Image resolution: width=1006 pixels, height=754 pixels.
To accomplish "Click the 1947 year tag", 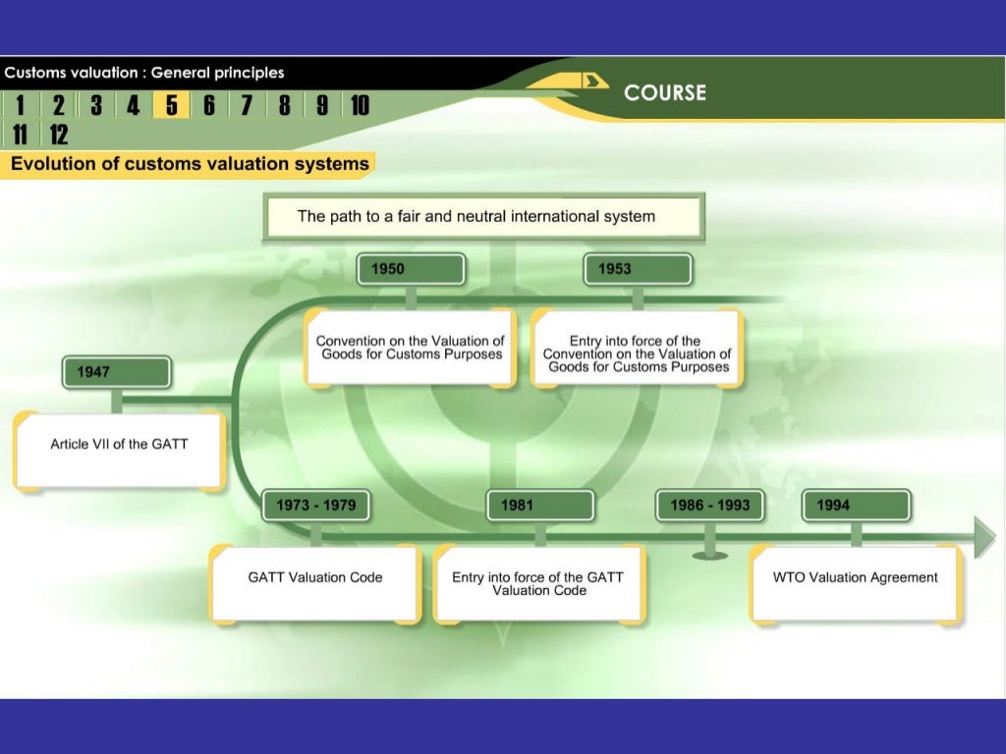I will (x=117, y=372).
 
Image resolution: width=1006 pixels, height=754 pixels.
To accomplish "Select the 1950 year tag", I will (x=411, y=269).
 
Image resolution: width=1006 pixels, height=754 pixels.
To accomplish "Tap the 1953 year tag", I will (x=638, y=269).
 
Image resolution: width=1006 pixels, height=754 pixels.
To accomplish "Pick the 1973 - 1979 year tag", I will (x=315, y=506).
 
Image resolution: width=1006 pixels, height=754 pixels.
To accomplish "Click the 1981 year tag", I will (x=540, y=506).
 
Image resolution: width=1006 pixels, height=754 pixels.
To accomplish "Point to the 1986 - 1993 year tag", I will (x=709, y=506).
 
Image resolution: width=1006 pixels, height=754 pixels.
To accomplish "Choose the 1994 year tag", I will (x=856, y=506).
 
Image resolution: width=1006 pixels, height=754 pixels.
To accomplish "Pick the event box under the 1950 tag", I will (x=410, y=348).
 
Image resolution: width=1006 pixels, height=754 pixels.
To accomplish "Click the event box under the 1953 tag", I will (x=637, y=349).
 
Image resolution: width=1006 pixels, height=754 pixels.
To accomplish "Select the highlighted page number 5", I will (x=171, y=105).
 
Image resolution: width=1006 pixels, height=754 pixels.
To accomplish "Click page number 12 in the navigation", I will (x=58, y=135).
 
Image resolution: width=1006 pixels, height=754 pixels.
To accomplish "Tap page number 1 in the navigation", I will (x=20, y=105).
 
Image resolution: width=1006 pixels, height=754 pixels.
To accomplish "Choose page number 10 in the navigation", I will (x=359, y=105).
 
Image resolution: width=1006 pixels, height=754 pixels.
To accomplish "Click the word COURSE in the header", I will (x=665, y=92).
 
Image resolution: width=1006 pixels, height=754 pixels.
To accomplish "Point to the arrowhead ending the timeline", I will (x=984, y=537).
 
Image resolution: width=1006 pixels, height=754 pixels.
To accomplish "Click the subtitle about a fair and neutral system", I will (x=482, y=217).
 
